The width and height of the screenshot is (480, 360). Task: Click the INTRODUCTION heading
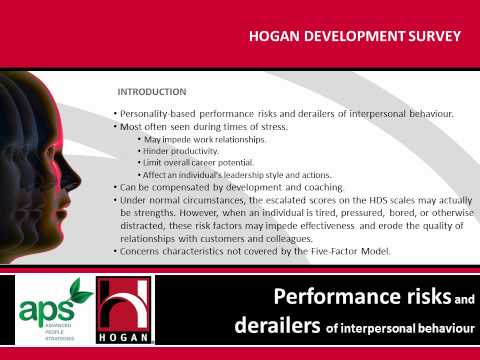click(x=151, y=91)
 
